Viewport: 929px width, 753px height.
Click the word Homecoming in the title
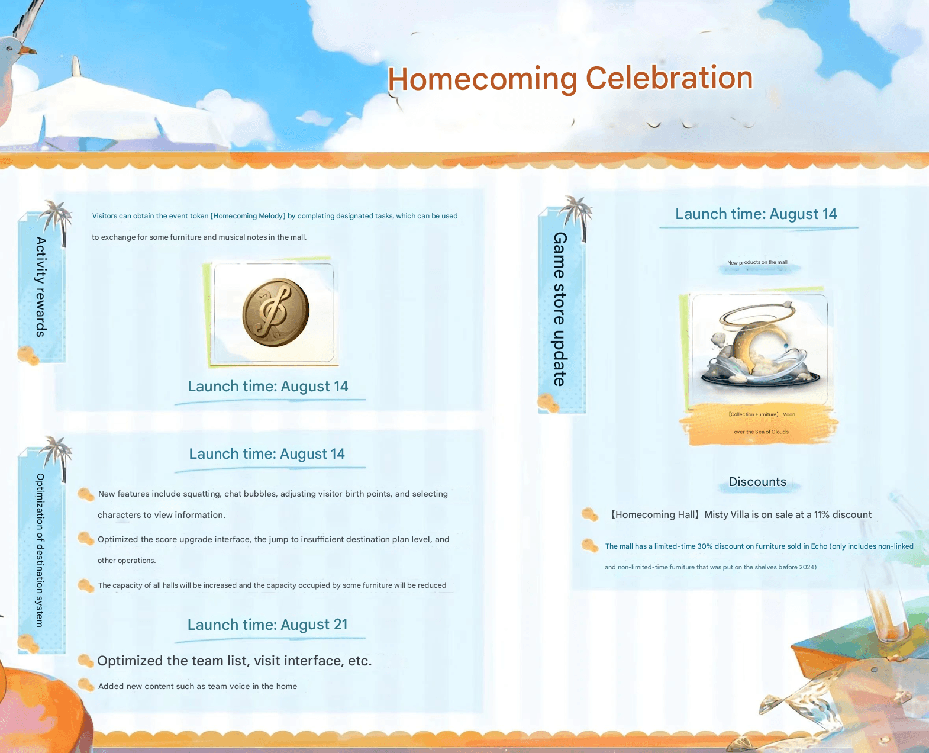[482, 79]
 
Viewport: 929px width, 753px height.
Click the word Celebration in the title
[669, 78]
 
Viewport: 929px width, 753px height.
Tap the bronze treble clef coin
[276, 313]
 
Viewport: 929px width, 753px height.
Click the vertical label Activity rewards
[41, 287]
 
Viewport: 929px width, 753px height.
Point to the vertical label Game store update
[560, 310]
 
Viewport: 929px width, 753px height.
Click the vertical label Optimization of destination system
[40, 550]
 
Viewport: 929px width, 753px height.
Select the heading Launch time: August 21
[267, 625]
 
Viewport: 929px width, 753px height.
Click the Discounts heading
[757, 482]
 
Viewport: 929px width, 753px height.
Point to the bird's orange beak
[27, 50]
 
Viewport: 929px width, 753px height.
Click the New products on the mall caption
[757, 263]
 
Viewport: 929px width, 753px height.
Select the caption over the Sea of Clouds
[761, 432]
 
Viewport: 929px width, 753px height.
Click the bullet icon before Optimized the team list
[86, 661]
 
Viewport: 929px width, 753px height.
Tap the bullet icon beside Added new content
[86, 685]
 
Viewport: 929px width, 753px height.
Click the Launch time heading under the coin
[268, 386]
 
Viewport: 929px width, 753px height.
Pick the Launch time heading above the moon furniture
[756, 214]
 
